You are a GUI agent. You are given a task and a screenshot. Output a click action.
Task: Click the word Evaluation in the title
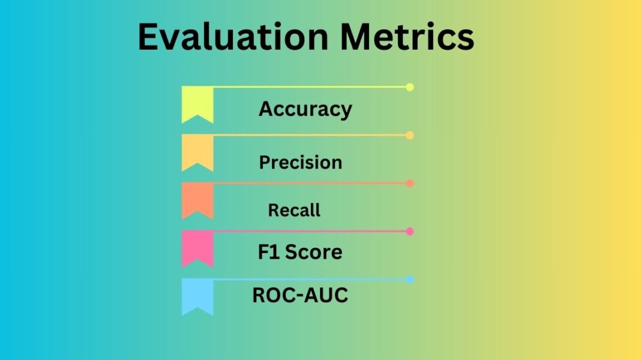[x=233, y=37]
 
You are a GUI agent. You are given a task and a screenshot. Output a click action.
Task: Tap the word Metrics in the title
[x=406, y=37]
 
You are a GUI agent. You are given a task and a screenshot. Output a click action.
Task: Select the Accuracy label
[x=305, y=109]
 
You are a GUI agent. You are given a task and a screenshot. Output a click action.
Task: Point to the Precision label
[x=301, y=163]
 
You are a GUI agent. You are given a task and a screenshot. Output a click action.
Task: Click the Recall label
[x=294, y=210]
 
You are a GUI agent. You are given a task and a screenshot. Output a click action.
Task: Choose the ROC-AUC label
[x=300, y=296]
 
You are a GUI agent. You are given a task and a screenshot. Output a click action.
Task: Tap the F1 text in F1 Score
[x=269, y=252]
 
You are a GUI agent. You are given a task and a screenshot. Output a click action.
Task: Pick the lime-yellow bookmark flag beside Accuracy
[x=197, y=103]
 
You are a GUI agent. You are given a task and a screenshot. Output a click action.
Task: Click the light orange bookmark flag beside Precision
[x=197, y=151]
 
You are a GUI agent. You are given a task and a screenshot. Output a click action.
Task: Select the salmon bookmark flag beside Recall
[x=197, y=199]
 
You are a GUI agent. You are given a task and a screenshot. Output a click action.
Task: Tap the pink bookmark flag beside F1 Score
[x=197, y=247]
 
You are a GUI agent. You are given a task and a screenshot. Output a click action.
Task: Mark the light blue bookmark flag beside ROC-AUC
[x=197, y=295]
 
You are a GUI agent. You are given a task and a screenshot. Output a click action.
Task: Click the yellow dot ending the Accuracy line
[x=410, y=87]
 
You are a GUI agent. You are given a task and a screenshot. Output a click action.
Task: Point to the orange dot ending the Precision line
[x=410, y=136]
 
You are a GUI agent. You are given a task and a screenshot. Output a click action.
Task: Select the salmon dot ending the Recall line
[x=410, y=184]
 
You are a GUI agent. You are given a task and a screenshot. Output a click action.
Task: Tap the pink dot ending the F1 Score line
[x=410, y=232]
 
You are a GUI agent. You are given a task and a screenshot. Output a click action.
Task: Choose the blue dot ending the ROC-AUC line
[x=410, y=280]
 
